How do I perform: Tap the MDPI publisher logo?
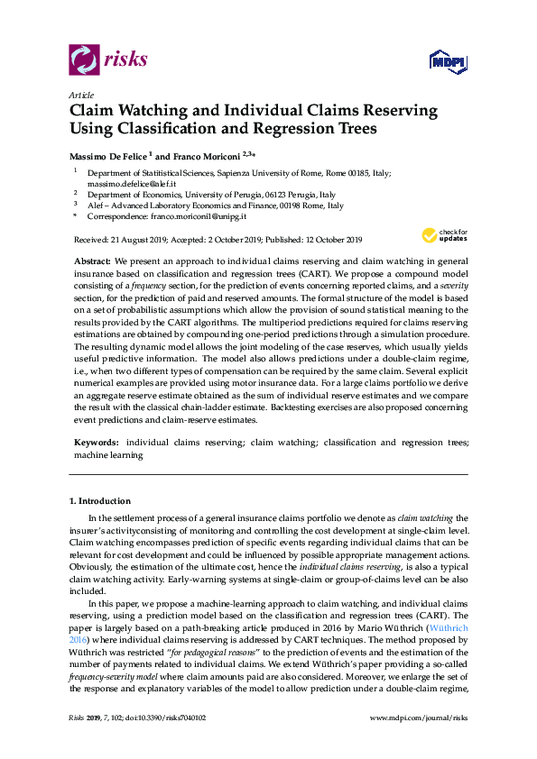pyautogui.click(x=449, y=61)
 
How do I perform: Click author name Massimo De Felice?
pyautogui.click(x=106, y=155)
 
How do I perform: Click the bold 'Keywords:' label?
pyautogui.click(x=96, y=443)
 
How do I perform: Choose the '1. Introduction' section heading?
pyautogui.click(x=99, y=500)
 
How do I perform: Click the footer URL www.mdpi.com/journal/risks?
pyautogui.click(x=419, y=744)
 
